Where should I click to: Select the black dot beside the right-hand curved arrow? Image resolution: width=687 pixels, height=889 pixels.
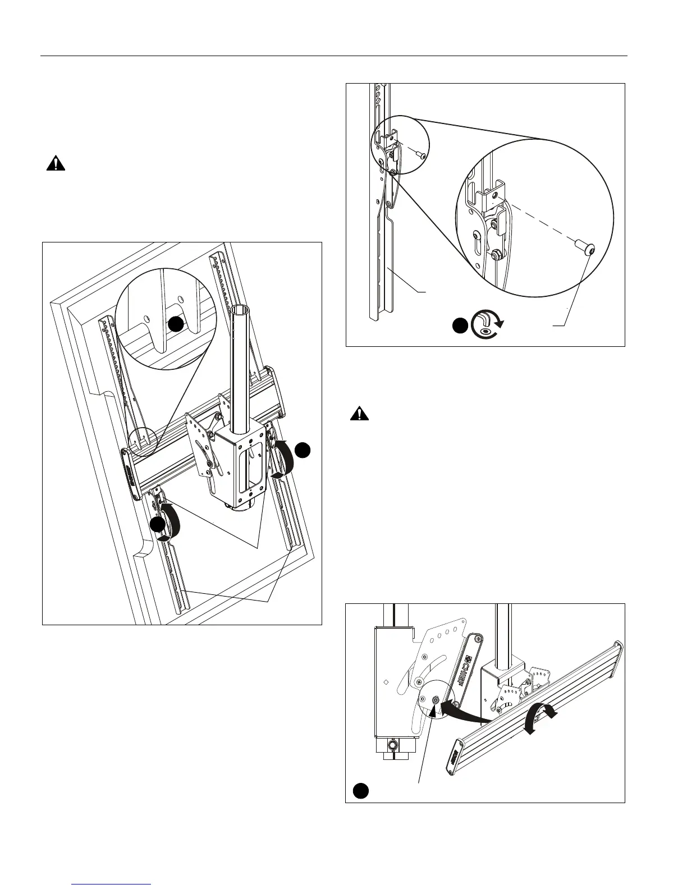click(x=303, y=450)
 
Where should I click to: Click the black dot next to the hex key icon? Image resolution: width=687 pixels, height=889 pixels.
click(x=461, y=327)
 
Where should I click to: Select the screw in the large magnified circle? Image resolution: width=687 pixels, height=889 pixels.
click(x=586, y=247)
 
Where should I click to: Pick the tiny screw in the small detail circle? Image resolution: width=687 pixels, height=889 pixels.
click(x=420, y=154)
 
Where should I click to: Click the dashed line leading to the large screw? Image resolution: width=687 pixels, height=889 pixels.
click(x=539, y=222)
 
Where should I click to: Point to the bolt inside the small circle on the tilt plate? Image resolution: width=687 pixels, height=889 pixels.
click(x=436, y=700)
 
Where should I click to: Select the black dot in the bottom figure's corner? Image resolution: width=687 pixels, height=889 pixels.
click(x=361, y=790)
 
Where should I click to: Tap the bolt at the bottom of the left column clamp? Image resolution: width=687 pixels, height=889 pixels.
click(x=392, y=745)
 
